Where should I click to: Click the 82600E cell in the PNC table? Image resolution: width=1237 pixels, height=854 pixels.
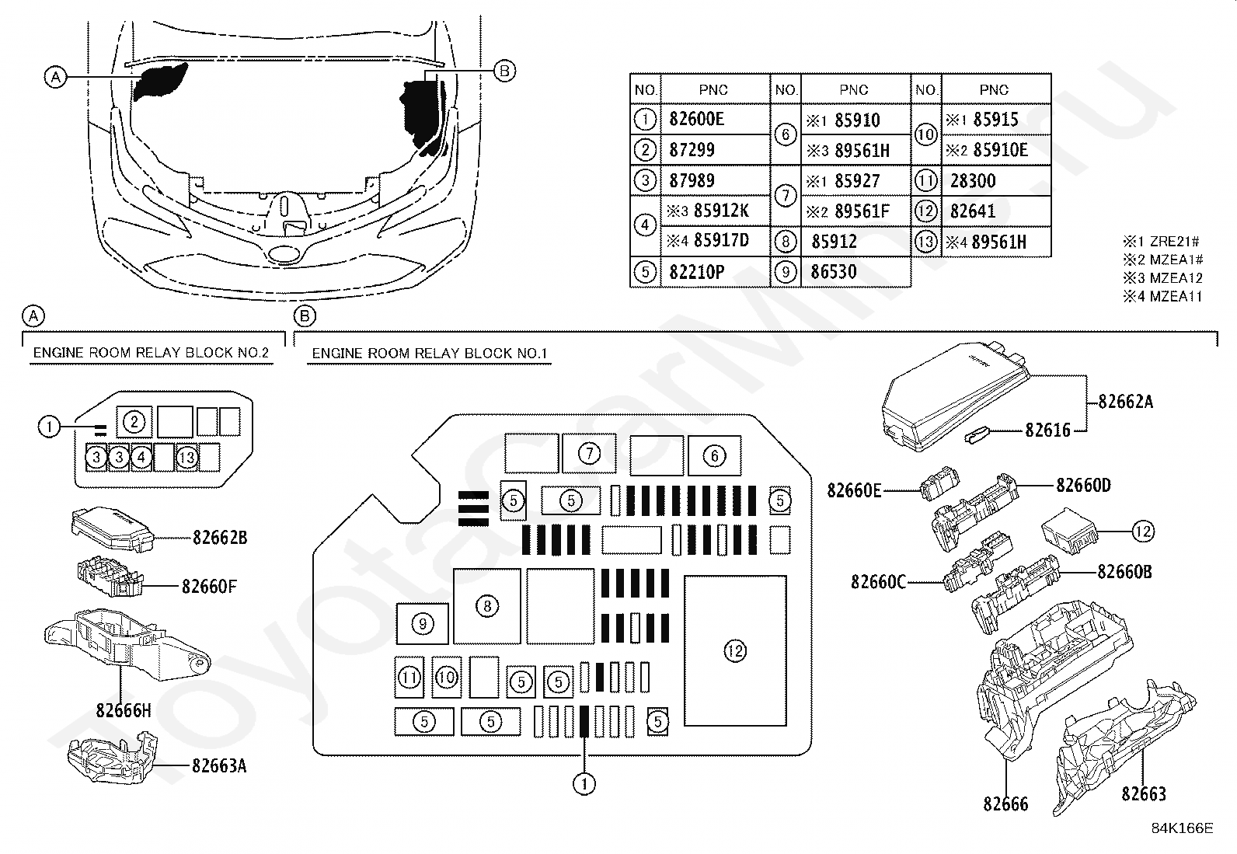click(696, 119)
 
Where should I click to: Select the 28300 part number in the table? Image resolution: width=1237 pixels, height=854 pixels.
click(973, 180)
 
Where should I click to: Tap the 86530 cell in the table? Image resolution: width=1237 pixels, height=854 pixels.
click(834, 272)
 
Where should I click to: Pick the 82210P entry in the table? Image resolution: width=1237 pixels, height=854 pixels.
click(696, 272)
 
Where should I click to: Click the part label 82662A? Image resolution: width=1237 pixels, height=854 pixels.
click(1125, 402)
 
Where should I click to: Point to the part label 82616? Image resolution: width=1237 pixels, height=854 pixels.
click(1047, 430)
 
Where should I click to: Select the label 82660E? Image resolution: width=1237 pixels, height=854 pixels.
click(854, 490)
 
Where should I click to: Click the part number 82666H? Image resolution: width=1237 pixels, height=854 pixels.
click(123, 709)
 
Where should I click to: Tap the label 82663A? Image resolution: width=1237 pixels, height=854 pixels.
click(219, 765)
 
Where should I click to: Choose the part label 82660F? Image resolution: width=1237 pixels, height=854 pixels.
click(209, 586)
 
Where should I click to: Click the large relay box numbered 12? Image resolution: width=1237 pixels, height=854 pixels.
click(735, 650)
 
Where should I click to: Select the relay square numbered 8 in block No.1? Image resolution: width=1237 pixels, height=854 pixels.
click(487, 606)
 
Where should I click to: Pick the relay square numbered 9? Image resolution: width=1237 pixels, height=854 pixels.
click(423, 624)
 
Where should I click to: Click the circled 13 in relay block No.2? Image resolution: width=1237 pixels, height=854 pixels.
click(186, 458)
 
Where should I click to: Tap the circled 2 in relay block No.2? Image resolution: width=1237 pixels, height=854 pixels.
click(134, 423)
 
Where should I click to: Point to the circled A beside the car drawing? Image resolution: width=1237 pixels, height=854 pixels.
click(55, 77)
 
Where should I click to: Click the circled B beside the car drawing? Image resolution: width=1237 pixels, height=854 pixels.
click(504, 71)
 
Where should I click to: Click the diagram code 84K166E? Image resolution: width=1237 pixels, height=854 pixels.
click(1182, 828)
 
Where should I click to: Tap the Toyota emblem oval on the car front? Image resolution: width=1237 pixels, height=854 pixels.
click(284, 254)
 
